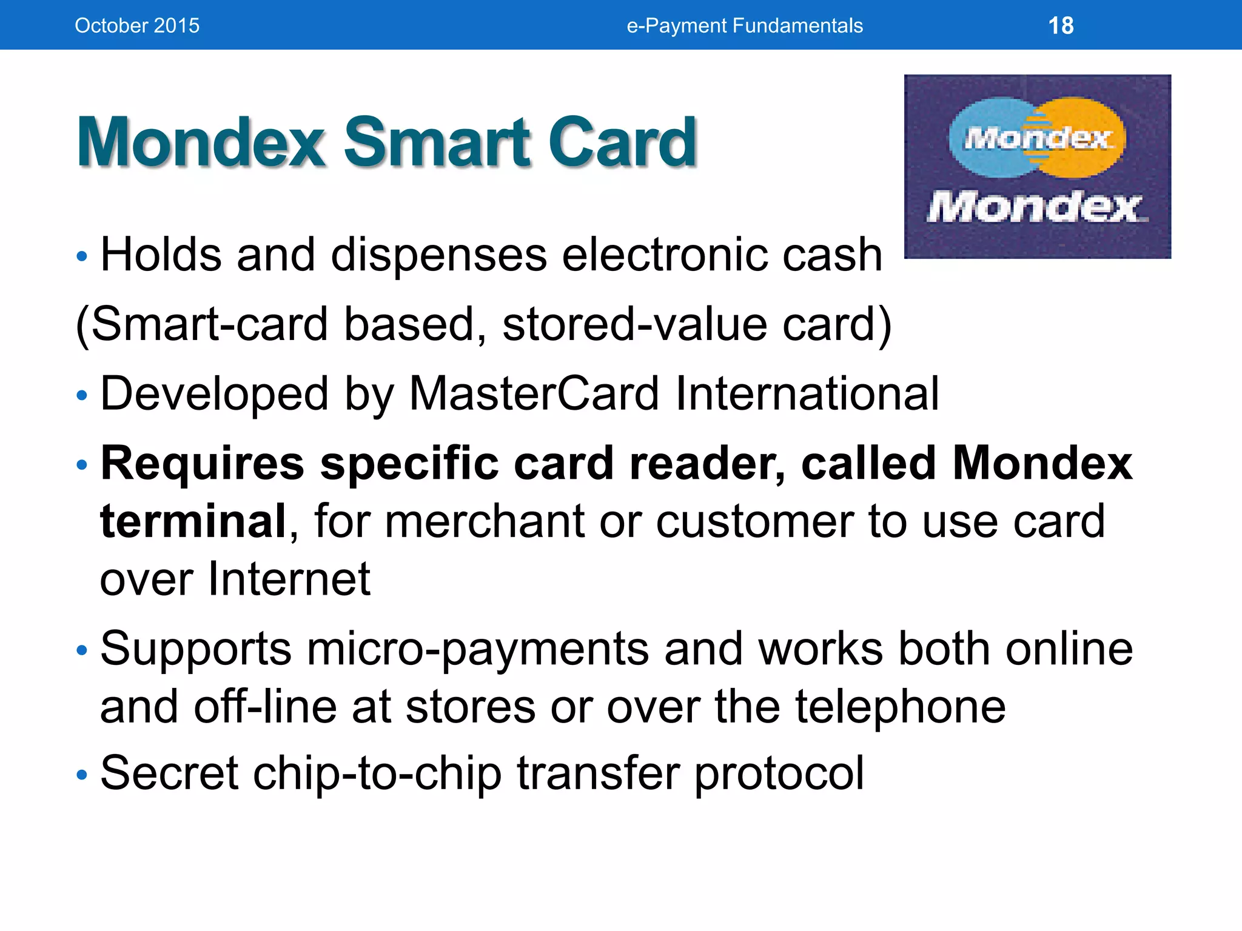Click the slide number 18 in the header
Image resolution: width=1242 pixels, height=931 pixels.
pyautogui.click(x=1061, y=25)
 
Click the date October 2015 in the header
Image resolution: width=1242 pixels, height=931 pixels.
pyautogui.click(x=137, y=25)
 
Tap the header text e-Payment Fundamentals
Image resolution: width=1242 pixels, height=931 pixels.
pyautogui.click(x=744, y=25)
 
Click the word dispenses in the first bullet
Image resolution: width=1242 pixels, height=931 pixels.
pyautogui.click(x=438, y=255)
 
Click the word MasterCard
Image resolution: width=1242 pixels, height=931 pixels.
pyautogui.click(x=534, y=394)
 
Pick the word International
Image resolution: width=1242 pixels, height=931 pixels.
pyautogui.click(x=807, y=394)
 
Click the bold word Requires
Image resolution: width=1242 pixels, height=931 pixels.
pyautogui.click(x=202, y=464)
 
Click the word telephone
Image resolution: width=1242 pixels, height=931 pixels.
pyautogui.click(x=901, y=707)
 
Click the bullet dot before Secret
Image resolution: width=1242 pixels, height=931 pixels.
pyautogui.click(x=82, y=775)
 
